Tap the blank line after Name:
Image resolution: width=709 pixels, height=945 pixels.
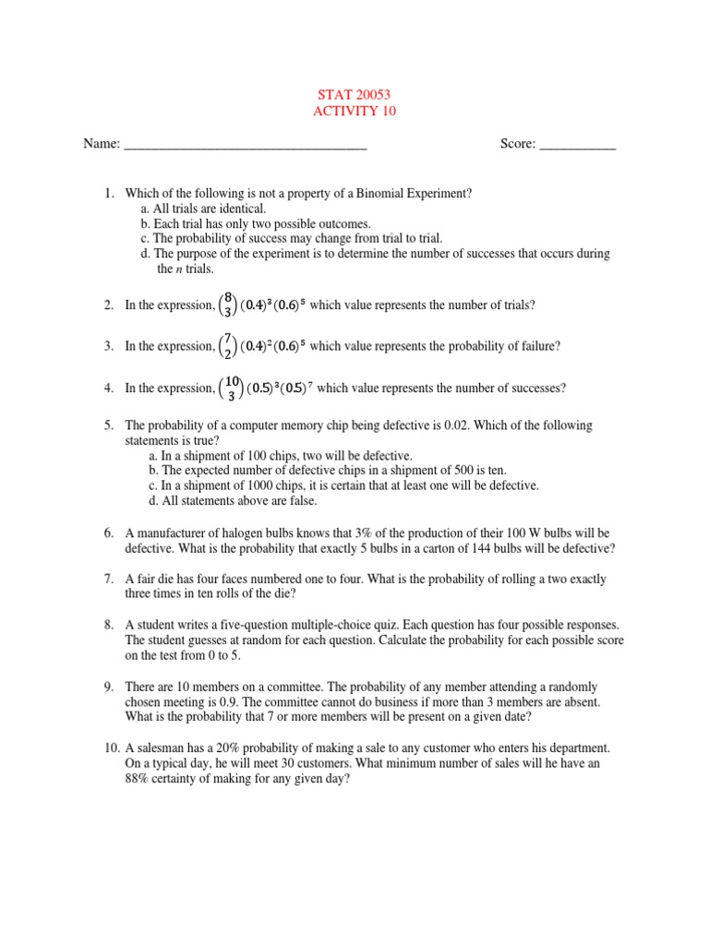245,146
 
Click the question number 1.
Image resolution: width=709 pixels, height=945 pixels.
108,193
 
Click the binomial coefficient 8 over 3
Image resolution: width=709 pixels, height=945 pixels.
227,305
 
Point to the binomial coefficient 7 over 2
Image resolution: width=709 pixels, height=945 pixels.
227,347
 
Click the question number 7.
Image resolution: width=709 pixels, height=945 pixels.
108,580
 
